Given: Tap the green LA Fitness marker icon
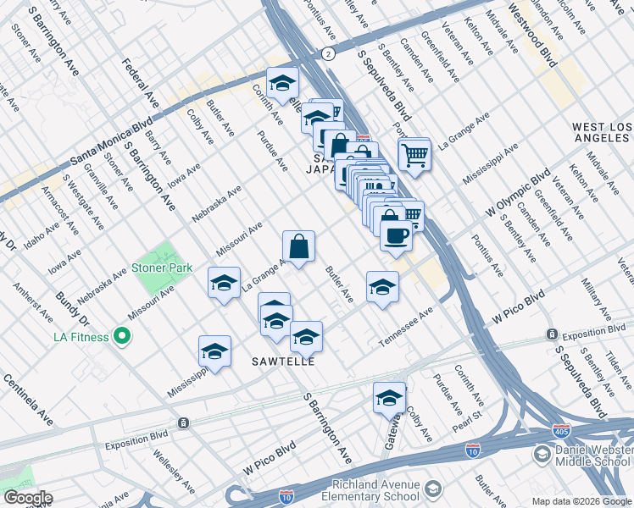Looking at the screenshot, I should (122, 337).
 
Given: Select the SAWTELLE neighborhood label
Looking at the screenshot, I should (284, 362).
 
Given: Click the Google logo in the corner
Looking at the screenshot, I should (27, 498).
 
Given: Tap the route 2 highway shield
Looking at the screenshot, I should (327, 53).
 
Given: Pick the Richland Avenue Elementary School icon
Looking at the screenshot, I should (432, 489).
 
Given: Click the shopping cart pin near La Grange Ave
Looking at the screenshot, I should (414, 153).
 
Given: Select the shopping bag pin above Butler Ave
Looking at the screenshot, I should (298, 246).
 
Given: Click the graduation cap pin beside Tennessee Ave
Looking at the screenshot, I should (382, 286).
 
